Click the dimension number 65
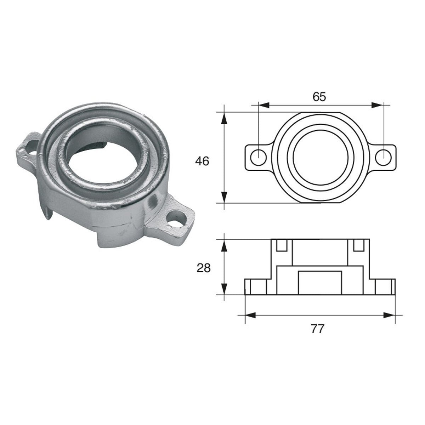pos(319,97)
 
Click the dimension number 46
pos(202,161)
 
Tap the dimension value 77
pos(317,329)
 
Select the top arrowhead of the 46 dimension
pos(224,118)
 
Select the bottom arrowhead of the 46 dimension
pos(224,197)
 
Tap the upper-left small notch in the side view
pos(282,245)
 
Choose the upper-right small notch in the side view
pos(359,245)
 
